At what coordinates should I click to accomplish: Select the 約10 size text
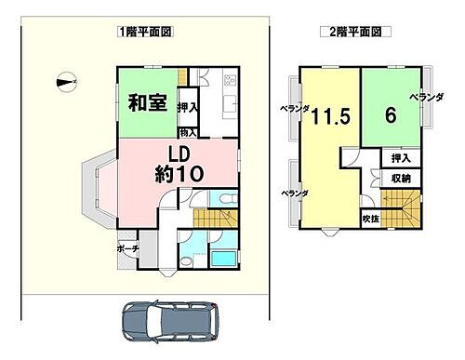(x=179, y=174)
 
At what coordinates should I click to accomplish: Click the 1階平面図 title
(x=147, y=31)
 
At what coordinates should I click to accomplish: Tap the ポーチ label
(x=128, y=249)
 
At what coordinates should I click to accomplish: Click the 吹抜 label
(x=370, y=220)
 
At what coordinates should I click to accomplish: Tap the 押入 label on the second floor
(x=402, y=158)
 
